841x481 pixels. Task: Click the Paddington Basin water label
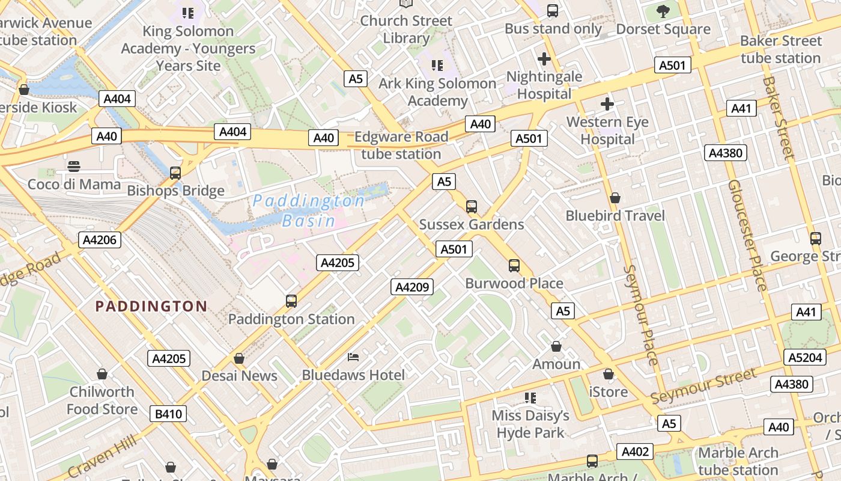click(x=309, y=210)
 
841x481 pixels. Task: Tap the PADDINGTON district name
click(x=151, y=306)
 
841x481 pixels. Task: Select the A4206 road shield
click(x=100, y=240)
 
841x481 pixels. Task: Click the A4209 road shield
click(x=412, y=287)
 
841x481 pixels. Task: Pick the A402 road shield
click(x=635, y=452)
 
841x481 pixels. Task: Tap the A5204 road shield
click(x=804, y=357)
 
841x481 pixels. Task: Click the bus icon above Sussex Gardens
click(x=472, y=206)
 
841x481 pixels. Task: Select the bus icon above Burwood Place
click(x=514, y=265)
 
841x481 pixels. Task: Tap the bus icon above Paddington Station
click(x=291, y=301)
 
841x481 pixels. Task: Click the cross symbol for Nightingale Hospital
click(x=544, y=59)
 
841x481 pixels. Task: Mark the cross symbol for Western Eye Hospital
click(x=607, y=104)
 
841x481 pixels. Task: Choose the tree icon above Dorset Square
click(x=663, y=11)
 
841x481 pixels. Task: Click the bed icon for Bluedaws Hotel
click(x=353, y=357)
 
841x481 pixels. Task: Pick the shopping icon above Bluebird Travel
click(x=615, y=198)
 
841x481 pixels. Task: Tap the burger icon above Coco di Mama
click(x=74, y=167)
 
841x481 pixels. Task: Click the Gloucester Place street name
click(x=747, y=234)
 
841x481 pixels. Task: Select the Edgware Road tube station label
click(x=401, y=146)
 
